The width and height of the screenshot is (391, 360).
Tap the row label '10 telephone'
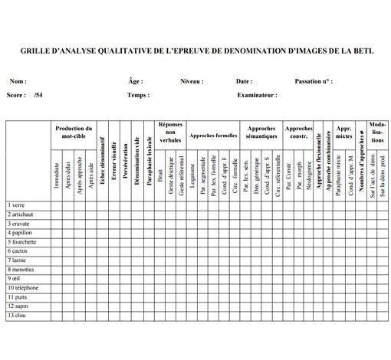tap(24, 288)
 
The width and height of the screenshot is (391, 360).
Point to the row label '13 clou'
tap(18, 316)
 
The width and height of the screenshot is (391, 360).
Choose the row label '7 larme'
tap(17, 260)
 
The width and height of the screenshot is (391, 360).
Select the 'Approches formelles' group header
tap(212, 136)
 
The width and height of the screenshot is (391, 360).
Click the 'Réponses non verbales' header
tap(171, 132)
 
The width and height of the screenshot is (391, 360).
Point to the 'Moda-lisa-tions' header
tap(377, 132)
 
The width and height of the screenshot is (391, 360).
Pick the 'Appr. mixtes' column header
tap(344, 133)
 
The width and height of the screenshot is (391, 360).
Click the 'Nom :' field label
tap(18, 81)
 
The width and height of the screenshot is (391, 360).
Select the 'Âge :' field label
tap(136, 81)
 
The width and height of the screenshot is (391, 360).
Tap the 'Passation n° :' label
tap(314, 81)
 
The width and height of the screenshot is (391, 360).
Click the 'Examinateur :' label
tap(257, 96)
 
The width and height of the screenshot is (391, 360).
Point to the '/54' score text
tap(38, 96)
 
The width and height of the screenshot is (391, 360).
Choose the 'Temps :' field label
tap(139, 96)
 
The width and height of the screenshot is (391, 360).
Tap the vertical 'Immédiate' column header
tap(57, 177)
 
